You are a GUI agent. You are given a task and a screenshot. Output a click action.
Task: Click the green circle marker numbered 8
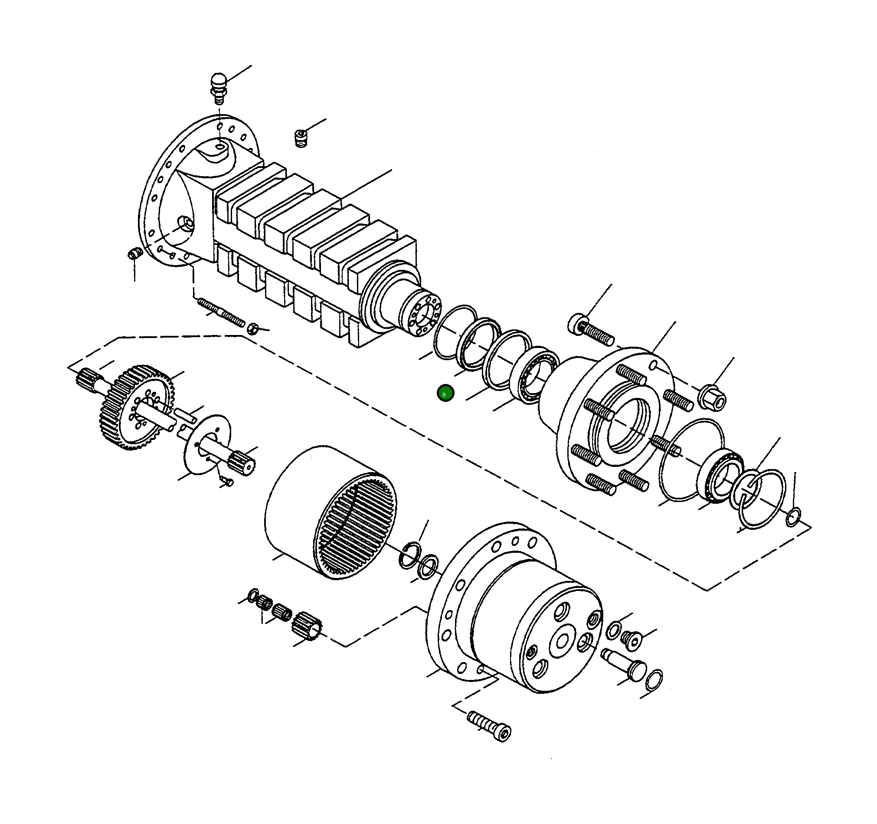(x=445, y=393)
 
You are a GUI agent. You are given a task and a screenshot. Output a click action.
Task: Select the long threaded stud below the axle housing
(x=221, y=312)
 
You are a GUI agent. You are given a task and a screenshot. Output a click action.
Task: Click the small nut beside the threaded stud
(x=252, y=328)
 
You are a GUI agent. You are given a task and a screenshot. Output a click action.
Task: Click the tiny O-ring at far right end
(x=793, y=517)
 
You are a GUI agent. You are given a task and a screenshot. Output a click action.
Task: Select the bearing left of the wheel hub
(x=535, y=375)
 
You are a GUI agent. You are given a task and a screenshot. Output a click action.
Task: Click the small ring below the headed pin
(x=653, y=680)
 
